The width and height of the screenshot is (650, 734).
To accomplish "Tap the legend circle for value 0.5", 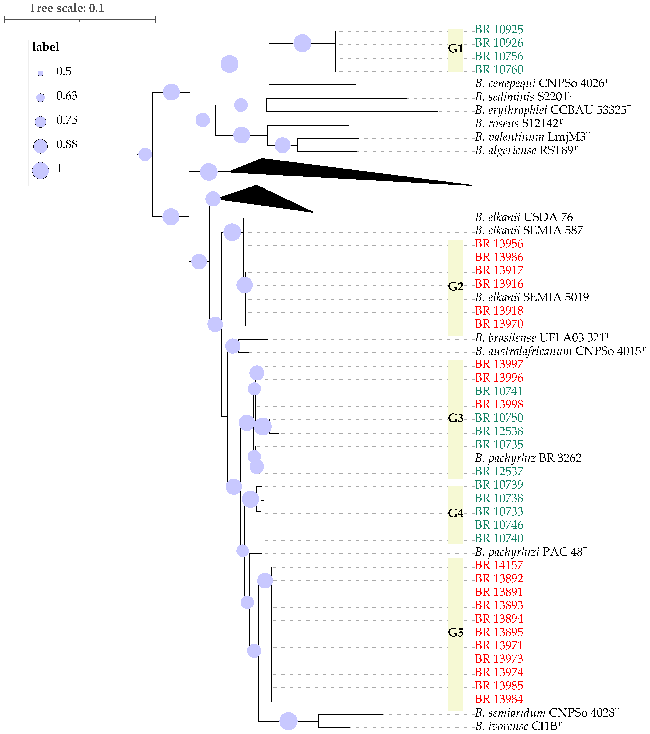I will coord(40,73).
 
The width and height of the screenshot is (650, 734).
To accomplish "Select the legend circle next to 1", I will coord(40,170).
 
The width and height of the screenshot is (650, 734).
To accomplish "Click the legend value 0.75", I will coord(67,120).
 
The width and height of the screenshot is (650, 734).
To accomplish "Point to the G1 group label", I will coord(456,49).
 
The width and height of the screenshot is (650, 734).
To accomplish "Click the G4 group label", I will coord(456,513).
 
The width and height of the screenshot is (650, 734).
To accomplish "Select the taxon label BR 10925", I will coord(499,29).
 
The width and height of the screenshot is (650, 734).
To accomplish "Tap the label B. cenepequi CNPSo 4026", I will coord(542,83).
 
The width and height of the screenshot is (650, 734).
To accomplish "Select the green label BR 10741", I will coord(499,391).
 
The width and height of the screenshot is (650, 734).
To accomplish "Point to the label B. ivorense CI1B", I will coord(518,726).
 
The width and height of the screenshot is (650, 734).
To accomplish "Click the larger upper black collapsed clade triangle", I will coord(323,172).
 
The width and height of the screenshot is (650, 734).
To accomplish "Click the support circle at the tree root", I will coord(145,154).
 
